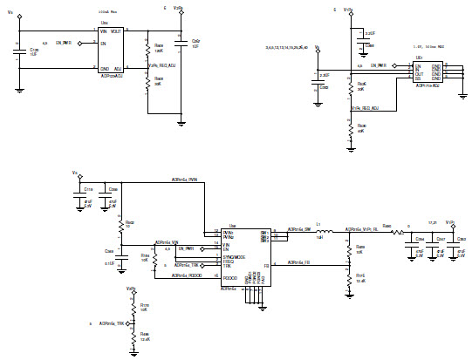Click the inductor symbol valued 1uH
point(321,233)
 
